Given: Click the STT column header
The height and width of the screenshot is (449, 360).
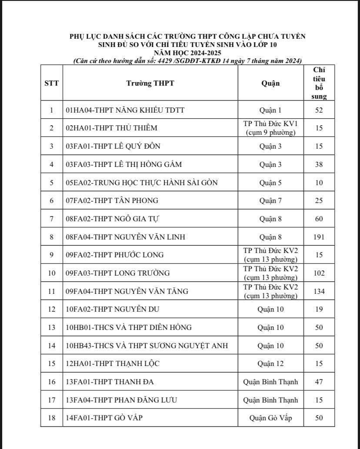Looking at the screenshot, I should pos(51,83).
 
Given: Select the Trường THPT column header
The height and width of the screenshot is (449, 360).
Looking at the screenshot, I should pos(150,83).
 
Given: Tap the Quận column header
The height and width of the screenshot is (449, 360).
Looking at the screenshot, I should pos(270,83).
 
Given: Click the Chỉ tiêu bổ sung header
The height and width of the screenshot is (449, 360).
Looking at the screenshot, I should pos(319,83).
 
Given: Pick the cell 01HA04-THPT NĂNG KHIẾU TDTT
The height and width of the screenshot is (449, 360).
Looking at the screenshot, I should pos(125,110).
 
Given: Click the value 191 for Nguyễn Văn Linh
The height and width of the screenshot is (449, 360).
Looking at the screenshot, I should pos(319,237).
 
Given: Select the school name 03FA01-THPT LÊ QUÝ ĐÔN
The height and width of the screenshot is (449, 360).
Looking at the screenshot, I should pos(113,146).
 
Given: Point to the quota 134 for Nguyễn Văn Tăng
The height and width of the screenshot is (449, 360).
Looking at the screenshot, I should pos(319,291).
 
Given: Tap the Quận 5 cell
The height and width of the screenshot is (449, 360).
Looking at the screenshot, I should pos(270,183).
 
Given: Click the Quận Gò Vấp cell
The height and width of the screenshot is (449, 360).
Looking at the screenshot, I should pos(270,418).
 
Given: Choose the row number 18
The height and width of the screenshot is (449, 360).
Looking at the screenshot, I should pos(51,418).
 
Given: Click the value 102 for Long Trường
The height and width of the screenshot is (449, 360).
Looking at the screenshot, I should pos(319,273).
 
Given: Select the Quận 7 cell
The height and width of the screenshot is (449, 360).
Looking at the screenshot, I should pos(270,200).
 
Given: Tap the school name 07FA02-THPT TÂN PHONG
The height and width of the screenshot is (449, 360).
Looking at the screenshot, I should pos(112,200).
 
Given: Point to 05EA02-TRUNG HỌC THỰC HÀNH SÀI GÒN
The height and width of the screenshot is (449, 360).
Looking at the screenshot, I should pos(141,183).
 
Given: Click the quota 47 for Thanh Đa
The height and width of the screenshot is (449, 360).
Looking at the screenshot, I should pos(319,382).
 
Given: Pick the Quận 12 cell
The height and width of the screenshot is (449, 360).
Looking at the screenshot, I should pos(270,363).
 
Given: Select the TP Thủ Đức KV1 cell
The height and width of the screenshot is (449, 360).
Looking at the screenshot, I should pos(270,128).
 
